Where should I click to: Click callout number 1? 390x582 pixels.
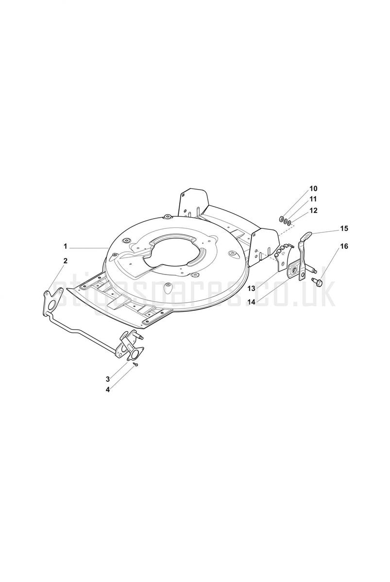click(x=66, y=246)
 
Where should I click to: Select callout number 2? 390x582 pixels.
click(x=65, y=261)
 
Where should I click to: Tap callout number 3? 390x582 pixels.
click(x=107, y=379)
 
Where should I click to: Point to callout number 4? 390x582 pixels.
click(x=107, y=390)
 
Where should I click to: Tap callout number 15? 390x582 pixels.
click(x=344, y=228)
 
